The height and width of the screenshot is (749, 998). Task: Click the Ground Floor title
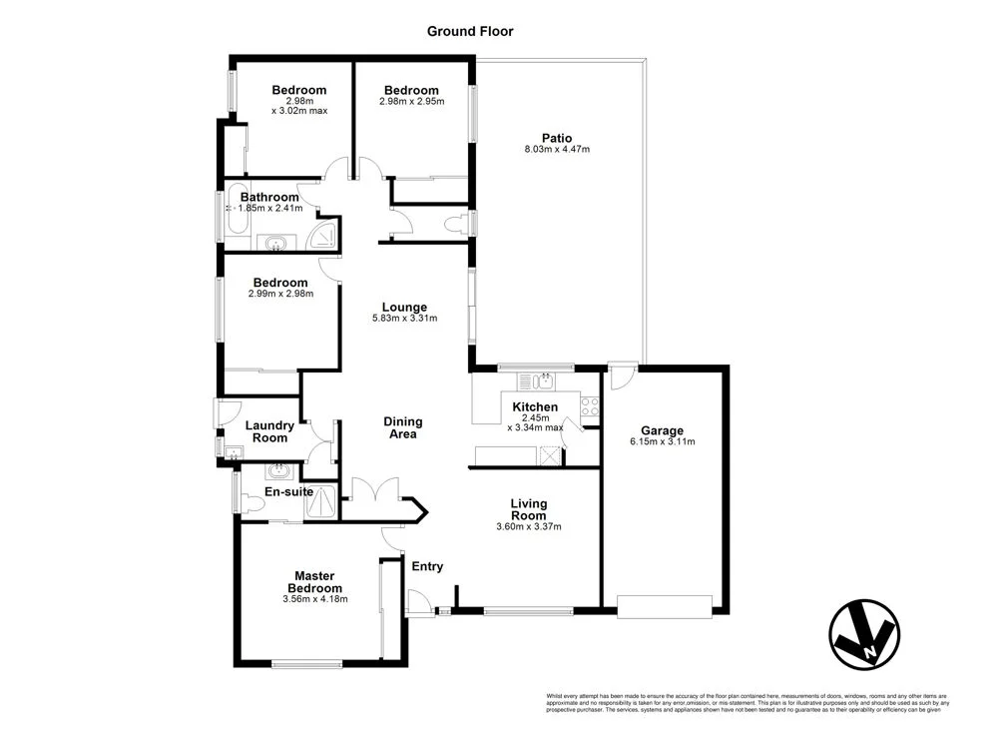[x=470, y=31]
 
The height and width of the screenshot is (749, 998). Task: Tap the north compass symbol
[x=863, y=633]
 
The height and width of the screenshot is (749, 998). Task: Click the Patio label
[x=557, y=138]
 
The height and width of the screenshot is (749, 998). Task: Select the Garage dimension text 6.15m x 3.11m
[x=662, y=441]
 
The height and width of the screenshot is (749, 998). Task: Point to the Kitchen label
[x=535, y=406]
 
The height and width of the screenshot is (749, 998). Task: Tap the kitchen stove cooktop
[x=589, y=405]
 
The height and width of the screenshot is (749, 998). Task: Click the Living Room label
[x=529, y=509]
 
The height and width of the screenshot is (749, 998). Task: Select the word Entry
[x=427, y=566]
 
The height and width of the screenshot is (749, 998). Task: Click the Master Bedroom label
[x=318, y=581]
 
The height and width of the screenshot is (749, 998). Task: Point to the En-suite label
[x=289, y=491]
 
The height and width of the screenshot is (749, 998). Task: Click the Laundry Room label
[x=269, y=431]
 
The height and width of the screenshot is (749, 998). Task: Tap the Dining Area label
[x=402, y=427]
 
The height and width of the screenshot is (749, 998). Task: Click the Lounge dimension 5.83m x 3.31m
[x=404, y=319]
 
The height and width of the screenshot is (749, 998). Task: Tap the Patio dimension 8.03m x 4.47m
[x=557, y=150]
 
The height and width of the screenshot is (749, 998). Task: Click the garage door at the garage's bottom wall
[x=664, y=605]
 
